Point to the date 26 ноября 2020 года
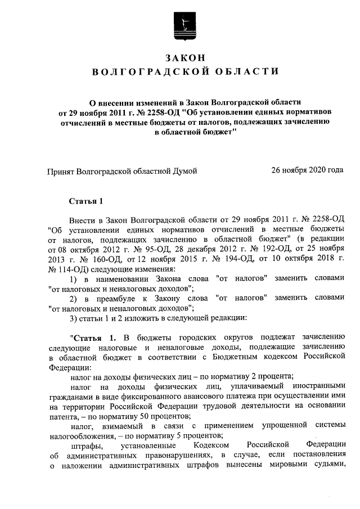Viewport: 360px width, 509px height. coord(307,170)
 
